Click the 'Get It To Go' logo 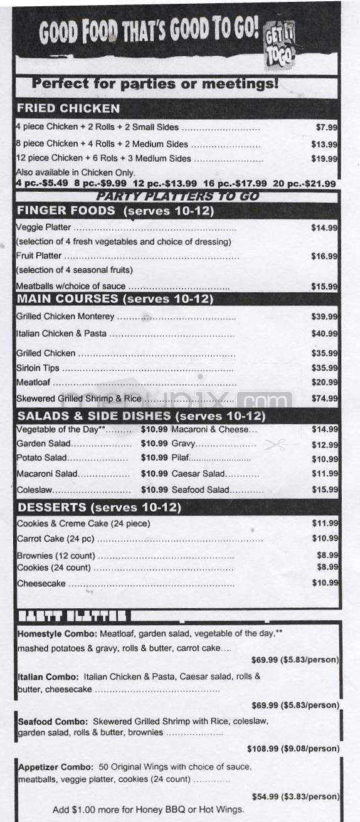click(280, 45)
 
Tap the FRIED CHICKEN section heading click(68, 108)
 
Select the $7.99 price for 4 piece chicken click(327, 127)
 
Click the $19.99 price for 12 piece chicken click(325, 159)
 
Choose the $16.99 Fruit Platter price click(325, 256)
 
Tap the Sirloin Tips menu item click(37, 368)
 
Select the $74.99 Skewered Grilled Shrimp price click(325, 398)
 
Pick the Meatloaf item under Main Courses click(34, 382)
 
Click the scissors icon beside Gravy click(275, 445)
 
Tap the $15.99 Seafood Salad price click(325, 490)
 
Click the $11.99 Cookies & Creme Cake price click(325, 524)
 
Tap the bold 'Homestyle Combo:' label click(48, 634)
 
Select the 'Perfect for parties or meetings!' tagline click(155, 83)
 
